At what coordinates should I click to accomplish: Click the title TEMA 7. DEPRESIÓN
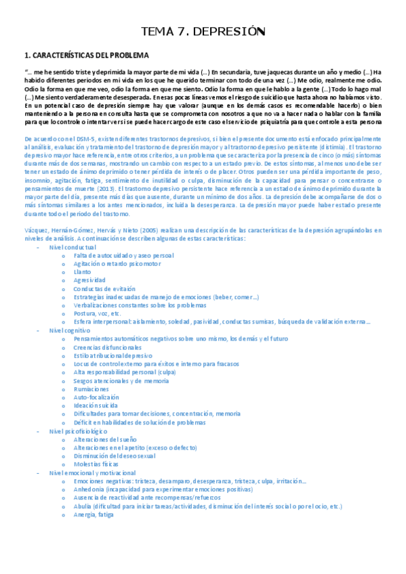pos(202,32)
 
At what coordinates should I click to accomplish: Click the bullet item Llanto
pos(82,271)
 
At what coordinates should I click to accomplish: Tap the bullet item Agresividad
pos(89,280)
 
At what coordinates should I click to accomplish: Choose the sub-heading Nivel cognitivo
pos(68,330)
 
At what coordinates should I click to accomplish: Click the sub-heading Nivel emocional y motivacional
pos(92,472)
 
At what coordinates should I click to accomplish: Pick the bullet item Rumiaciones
pos(92,389)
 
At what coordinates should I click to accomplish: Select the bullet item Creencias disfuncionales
pos(107,347)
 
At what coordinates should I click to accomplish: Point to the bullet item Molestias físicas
pos(96,464)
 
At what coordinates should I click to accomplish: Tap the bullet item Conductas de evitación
pos(105,288)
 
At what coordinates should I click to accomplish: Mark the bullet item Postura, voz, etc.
pos(98,313)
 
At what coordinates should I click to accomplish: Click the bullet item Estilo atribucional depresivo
pos(113,355)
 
